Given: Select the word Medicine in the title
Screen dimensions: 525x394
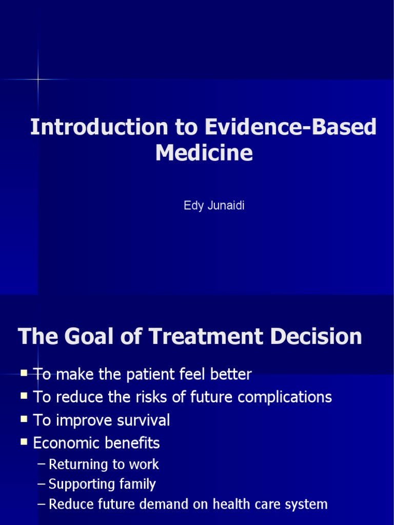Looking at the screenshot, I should (204, 153).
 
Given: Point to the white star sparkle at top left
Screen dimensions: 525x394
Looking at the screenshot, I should (37, 79).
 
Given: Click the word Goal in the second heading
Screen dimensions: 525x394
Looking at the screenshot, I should (91, 337).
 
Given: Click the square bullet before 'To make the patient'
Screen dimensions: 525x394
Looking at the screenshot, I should (24, 374).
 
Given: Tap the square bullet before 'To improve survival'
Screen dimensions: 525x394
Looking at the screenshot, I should (24, 420).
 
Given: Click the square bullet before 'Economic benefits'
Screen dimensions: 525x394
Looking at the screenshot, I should (24, 442).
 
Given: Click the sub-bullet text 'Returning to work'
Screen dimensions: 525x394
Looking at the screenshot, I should (104, 465).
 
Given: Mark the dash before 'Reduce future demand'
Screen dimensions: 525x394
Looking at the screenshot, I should (42, 504).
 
